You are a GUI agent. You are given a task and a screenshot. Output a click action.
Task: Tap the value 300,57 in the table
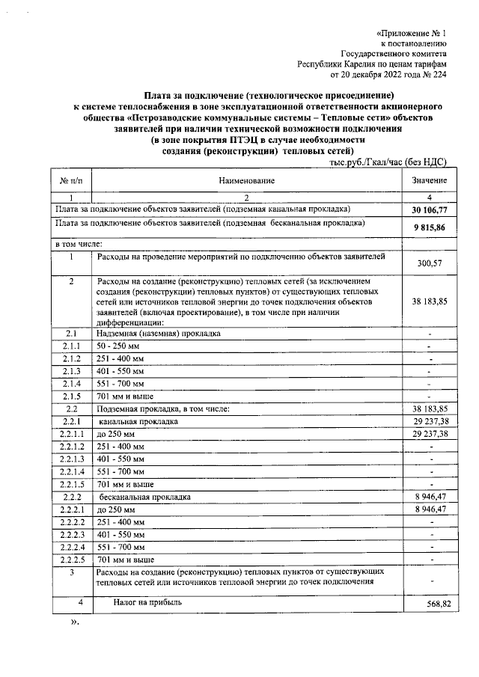[429, 263]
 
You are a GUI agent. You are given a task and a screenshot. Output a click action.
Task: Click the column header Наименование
[247, 181]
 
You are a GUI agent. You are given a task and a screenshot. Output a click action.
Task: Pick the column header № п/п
[70, 181]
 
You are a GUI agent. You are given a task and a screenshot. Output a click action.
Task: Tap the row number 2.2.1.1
[71, 434]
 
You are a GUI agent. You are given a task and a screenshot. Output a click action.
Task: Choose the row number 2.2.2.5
[71, 560]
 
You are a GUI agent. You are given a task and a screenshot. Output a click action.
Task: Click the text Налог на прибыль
[147, 601]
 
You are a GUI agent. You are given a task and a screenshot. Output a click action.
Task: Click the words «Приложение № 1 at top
[410, 34]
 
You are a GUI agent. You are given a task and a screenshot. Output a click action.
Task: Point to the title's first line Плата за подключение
[269, 97]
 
